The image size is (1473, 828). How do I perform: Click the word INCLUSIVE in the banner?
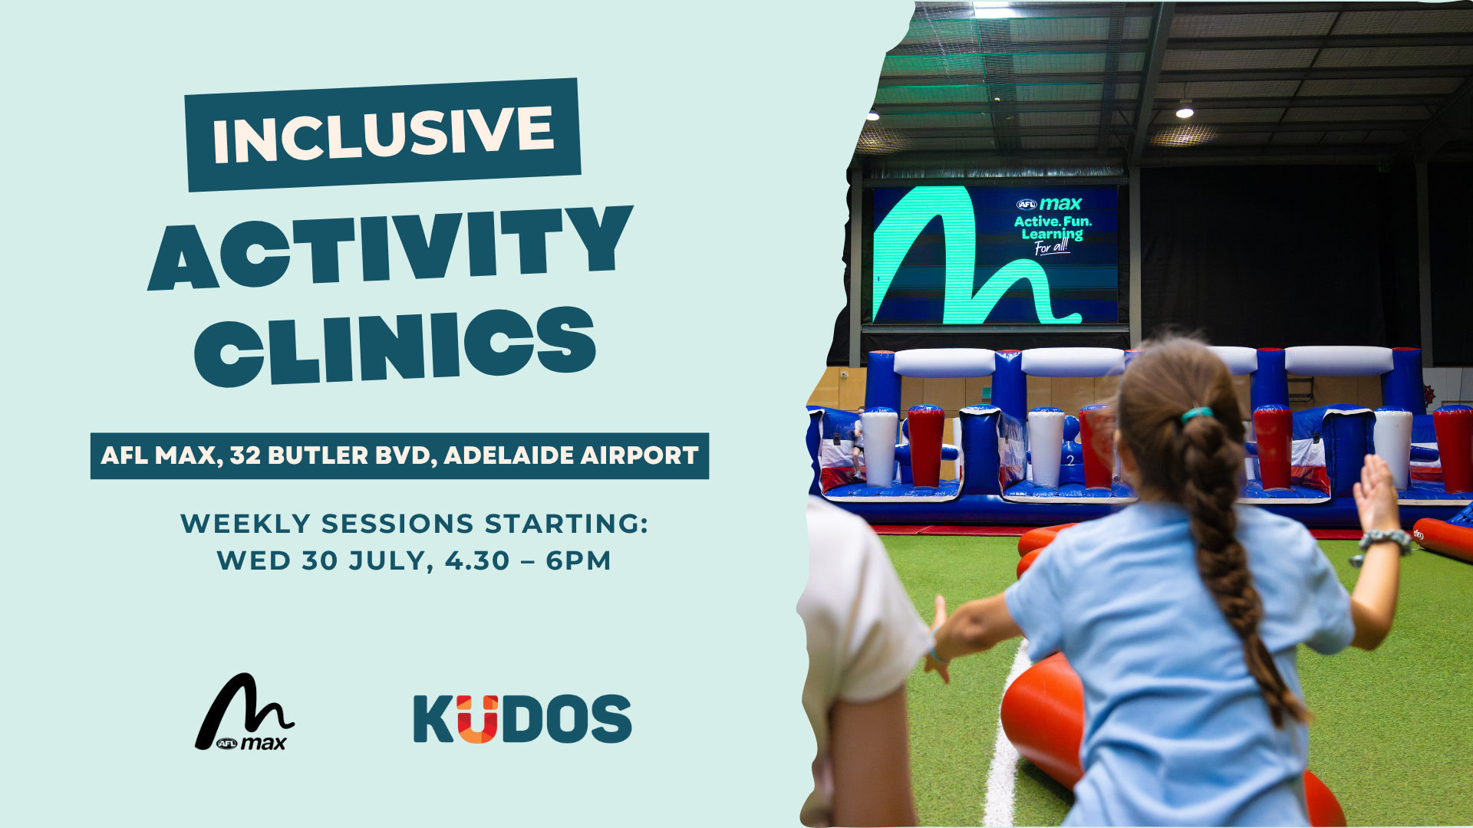click(x=383, y=135)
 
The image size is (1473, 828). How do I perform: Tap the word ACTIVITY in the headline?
click(x=390, y=248)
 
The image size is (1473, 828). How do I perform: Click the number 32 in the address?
click(x=245, y=455)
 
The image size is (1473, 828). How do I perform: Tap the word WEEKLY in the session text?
click(x=245, y=524)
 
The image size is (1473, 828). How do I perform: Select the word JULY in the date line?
click(x=391, y=560)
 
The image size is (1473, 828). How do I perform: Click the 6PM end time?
click(x=578, y=560)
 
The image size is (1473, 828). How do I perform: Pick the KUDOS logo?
click(x=522, y=718)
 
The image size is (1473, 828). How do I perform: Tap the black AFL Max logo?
click(x=245, y=712)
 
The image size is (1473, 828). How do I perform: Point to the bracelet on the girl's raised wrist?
click(x=1385, y=539)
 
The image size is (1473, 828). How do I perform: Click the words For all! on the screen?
click(x=1051, y=247)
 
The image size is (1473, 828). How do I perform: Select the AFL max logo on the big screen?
click(x=1049, y=204)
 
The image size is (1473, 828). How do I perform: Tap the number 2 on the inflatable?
click(x=1070, y=461)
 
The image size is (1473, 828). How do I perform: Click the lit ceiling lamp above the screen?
click(x=1185, y=110)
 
